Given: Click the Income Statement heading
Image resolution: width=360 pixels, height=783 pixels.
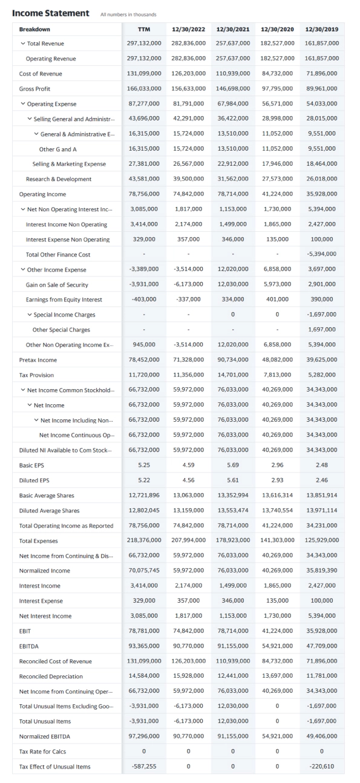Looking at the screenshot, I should (51, 13).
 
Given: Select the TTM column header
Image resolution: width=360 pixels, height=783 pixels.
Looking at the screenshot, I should (144, 28).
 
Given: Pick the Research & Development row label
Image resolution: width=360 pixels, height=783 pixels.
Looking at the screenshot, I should (59, 179).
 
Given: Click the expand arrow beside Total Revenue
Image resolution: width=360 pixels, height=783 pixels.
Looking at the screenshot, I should (22, 44).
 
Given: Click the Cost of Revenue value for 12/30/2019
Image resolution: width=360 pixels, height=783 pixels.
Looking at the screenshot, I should (323, 74).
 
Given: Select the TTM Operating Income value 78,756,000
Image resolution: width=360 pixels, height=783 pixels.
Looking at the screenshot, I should (144, 194).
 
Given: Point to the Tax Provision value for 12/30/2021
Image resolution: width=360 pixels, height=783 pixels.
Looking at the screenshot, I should (234, 375).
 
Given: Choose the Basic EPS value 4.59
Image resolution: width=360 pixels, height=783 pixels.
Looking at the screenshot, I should (189, 465).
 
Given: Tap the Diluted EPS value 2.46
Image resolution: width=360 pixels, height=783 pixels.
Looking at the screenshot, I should (323, 480).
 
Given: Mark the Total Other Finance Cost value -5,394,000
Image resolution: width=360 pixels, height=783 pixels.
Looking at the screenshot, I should (323, 255).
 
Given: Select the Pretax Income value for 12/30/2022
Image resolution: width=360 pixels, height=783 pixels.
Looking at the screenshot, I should (189, 360).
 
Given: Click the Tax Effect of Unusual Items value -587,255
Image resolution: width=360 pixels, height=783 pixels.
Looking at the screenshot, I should (144, 767).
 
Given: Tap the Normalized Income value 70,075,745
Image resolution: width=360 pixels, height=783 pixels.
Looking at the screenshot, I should (144, 571).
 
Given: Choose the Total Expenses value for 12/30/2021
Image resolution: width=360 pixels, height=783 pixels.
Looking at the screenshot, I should (234, 541).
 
